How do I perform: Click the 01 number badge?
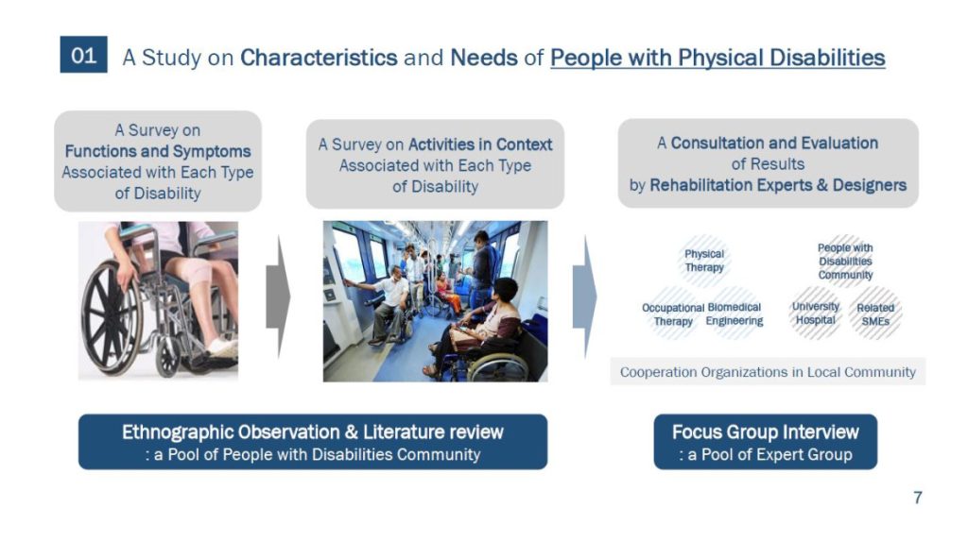pos(83,54)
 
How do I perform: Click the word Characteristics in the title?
pos(319,58)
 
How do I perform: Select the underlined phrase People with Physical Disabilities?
pos(717,58)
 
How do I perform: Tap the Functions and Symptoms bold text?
pos(158,151)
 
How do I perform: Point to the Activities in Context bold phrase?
pos(480,144)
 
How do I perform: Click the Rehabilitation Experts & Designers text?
pos(778,185)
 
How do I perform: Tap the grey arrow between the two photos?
pos(278,296)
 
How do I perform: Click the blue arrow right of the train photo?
pos(584,296)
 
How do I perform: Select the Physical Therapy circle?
pos(703,261)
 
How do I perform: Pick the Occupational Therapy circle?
pos(673,313)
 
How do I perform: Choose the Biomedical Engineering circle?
pos(734,313)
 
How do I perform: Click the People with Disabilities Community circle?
pos(845,261)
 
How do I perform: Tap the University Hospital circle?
pos(816,313)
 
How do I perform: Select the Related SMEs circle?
pos(875,313)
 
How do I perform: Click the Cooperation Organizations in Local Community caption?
pos(768,372)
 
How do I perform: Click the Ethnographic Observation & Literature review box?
pos(313,442)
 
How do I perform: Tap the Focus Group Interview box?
pos(766,442)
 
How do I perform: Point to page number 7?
pos(917,497)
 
